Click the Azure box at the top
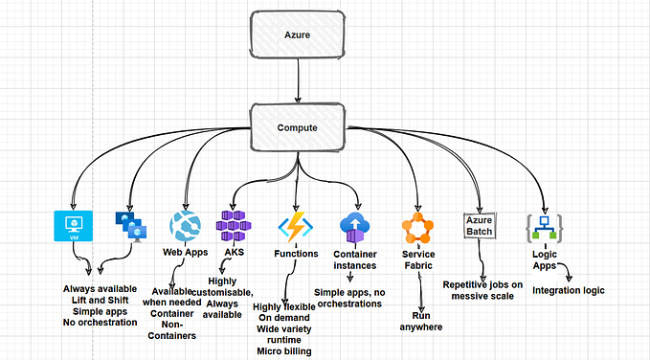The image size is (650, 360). pyautogui.click(x=297, y=34)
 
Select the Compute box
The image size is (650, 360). pyautogui.click(x=298, y=125)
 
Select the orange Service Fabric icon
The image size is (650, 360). pyautogui.click(x=418, y=228)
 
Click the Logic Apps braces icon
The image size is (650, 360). pyautogui.click(x=543, y=228)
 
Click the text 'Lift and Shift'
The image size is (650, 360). pyautogui.click(x=100, y=300)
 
